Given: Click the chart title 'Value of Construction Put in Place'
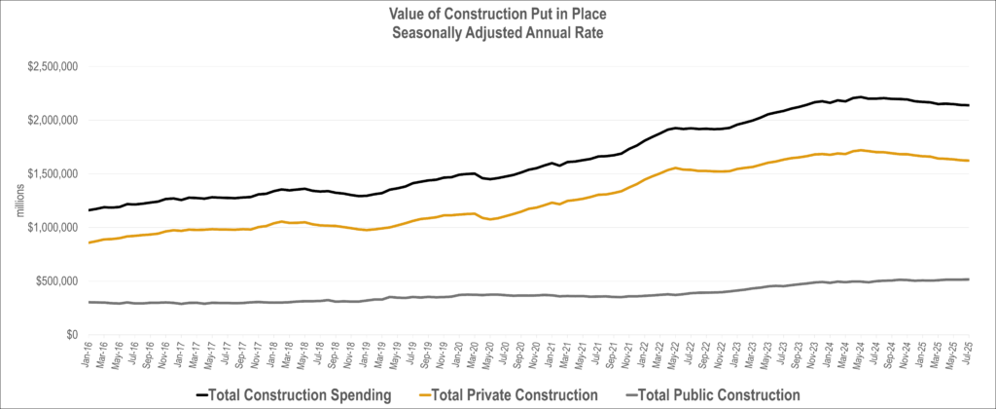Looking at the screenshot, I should point(498,13).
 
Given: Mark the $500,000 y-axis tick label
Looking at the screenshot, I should point(53,280).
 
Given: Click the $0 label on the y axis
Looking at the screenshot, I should point(71,334).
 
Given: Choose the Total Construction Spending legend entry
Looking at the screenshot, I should point(292,394).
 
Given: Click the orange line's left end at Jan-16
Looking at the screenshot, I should point(89,242).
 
